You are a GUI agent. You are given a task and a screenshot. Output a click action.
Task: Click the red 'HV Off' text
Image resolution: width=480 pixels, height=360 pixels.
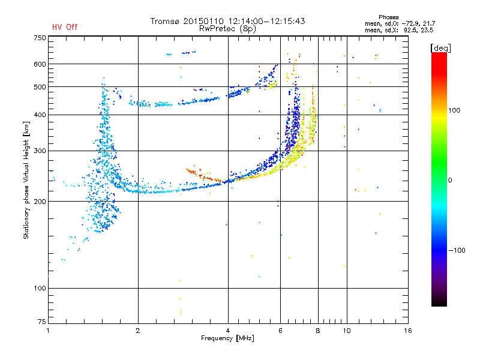[65, 27]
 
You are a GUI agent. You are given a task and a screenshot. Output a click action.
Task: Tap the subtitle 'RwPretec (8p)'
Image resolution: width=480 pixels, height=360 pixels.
[227, 29]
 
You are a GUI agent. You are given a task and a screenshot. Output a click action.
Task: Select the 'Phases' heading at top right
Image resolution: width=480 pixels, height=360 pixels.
[388, 17]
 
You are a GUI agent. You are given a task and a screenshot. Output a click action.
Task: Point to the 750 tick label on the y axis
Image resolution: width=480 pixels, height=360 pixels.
[40, 38]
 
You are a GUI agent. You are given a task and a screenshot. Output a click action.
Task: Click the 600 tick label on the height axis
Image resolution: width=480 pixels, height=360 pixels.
[40, 64]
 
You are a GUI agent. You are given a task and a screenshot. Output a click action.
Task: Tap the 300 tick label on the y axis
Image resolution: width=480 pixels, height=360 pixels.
[40, 151]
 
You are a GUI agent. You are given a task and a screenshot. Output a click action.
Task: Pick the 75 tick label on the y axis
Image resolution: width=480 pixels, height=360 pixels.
[42, 322]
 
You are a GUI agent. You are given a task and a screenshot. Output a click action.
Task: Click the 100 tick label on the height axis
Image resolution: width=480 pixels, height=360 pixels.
[40, 289]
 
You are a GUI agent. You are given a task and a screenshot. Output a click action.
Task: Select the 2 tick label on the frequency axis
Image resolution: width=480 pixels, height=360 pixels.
[138, 331]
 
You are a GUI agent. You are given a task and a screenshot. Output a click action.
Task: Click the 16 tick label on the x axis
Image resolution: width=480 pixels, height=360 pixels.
[408, 331]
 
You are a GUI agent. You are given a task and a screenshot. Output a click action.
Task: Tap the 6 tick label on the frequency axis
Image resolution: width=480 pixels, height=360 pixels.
[280, 331]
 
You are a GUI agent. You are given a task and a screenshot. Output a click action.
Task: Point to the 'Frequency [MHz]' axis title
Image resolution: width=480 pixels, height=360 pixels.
[227, 338]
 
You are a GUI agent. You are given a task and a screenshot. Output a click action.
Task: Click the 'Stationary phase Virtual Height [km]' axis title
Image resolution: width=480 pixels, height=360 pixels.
[26, 180]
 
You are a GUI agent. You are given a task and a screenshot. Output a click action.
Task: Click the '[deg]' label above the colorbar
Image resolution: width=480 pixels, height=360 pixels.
[440, 48]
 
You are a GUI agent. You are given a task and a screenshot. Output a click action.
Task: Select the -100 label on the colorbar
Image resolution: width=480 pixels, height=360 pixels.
[457, 250]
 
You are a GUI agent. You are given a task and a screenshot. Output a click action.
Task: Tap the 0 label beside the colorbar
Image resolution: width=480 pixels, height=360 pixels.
[450, 181]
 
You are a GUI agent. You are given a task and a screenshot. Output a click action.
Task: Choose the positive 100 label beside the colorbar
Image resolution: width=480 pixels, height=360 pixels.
[454, 110]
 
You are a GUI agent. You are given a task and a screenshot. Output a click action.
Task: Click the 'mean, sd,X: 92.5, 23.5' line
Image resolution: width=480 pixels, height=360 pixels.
[399, 30]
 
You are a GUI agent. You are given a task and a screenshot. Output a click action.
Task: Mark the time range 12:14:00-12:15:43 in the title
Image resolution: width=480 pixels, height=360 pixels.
[266, 21]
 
